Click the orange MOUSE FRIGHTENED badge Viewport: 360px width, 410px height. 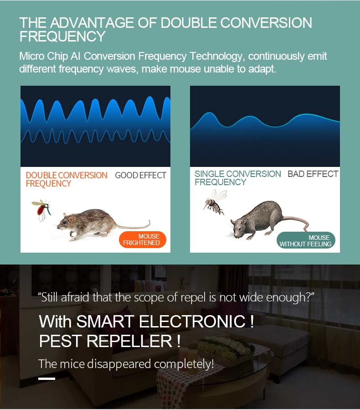click(x=143, y=239)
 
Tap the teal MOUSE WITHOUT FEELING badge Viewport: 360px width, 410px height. click(x=306, y=240)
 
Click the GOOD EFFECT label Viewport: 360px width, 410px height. click(x=140, y=175)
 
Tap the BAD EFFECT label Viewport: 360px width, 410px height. click(x=313, y=174)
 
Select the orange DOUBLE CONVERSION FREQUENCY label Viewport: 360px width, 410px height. click(x=67, y=179)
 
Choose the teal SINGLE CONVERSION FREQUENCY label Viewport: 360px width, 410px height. click(x=238, y=178)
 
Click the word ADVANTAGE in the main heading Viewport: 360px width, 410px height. click(x=92, y=23)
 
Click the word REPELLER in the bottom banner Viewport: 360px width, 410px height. click(x=129, y=341)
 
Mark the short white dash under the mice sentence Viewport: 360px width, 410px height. click(x=46, y=379)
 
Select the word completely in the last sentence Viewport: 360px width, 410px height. click(x=184, y=364)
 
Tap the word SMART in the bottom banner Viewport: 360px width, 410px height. click(x=105, y=322)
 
